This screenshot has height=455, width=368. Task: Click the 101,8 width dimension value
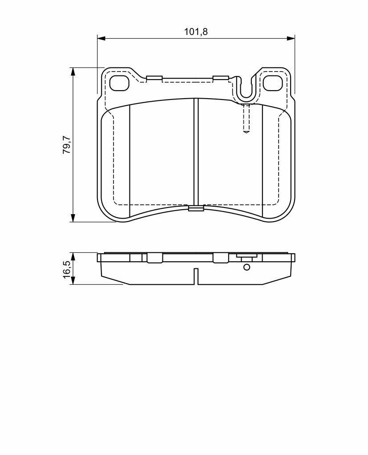(x=196, y=32)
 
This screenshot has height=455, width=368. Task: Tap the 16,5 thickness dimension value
(x=67, y=269)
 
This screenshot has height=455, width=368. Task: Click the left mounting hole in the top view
(x=119, y=83)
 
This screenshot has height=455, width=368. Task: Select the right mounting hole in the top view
(x=273, y=83)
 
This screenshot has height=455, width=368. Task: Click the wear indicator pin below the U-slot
(x=246, y=118)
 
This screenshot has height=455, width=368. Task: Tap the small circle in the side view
(x=247, y=267)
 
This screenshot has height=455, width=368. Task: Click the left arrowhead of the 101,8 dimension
(x=101, y=38)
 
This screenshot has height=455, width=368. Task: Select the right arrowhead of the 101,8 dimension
(x=291, y=38)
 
